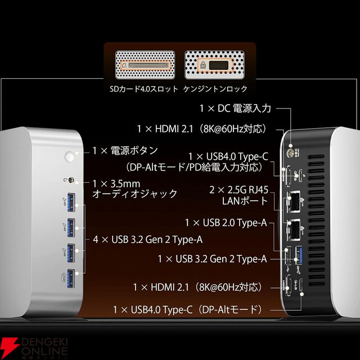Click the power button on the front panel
(69, 156)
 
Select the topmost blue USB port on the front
(71, 202)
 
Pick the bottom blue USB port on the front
(71, 278)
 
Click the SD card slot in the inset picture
(146, 65)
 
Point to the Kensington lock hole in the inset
(218, 65)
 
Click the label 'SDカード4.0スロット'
(144, 89)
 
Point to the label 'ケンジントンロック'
(215, 89)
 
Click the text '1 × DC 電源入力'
(235, 109)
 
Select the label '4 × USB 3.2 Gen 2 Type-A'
(148, 240)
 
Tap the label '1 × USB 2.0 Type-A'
(226, 223)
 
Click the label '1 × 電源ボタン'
(125, 151)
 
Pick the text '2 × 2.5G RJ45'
(238, 190)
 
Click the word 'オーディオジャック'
(135, 193)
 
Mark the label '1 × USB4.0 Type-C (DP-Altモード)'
(188, 310)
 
